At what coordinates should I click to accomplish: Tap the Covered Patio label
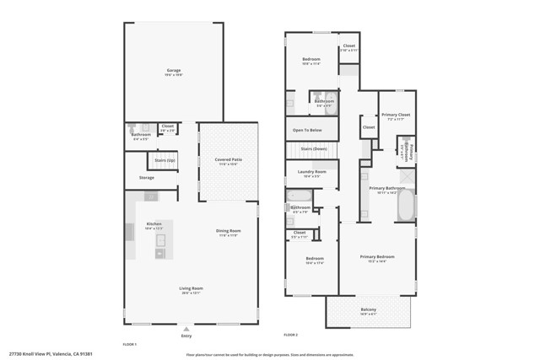tap(228, 159)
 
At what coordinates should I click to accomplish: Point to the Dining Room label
tap(229, 231)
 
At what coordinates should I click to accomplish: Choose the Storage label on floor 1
tap(146, 178)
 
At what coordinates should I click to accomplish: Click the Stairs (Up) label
tap(165, 159)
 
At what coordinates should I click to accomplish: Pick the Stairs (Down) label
tap(313, 148)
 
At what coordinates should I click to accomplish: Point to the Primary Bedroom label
tap(377, 256)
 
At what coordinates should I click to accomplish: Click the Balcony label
tap(369, 309)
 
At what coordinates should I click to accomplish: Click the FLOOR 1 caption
tap(129, 344)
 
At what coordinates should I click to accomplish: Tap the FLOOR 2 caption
tap(290, 336)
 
